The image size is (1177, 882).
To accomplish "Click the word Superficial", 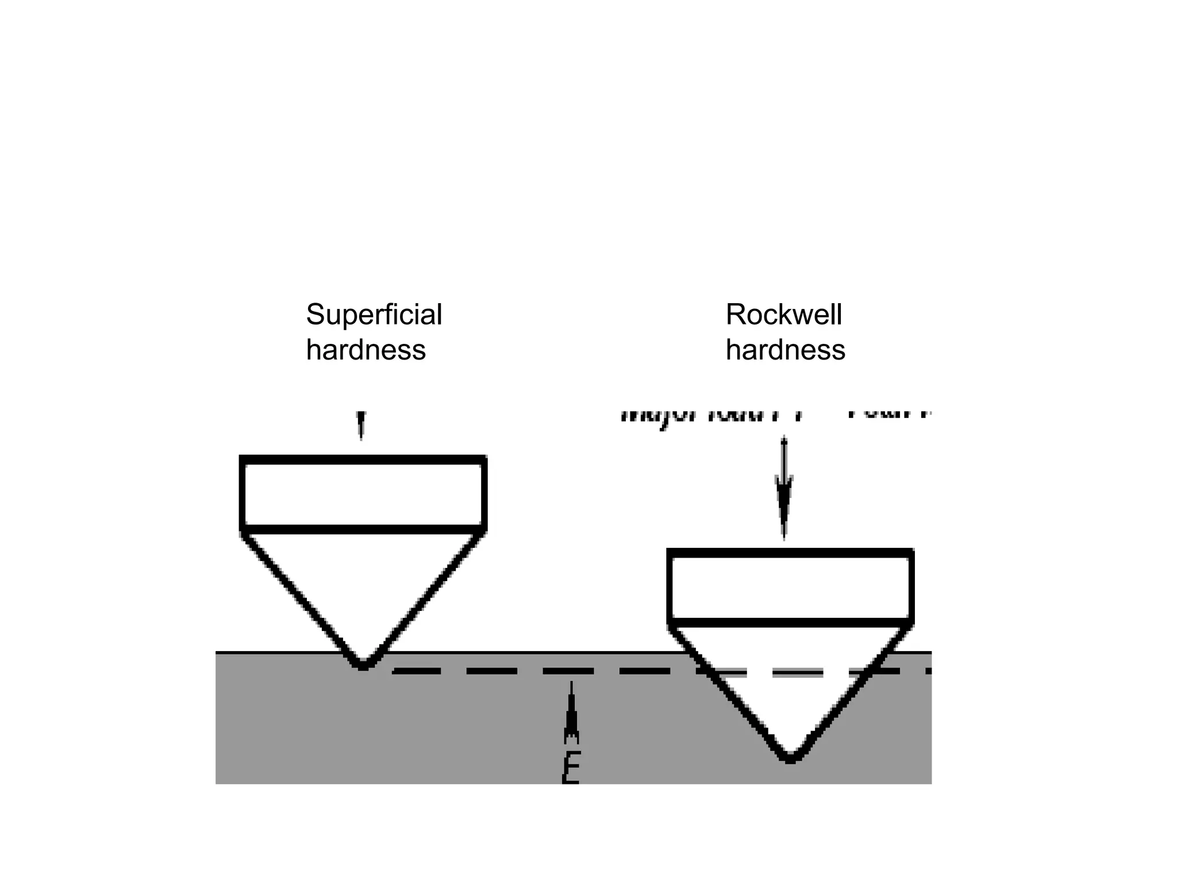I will click(x=374, y=315).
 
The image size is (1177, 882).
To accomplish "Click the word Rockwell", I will click(x=783, y=315).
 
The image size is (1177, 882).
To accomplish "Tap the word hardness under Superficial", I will click(x=366, y=350).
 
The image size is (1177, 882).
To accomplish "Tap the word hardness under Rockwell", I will click(x=785, y=350).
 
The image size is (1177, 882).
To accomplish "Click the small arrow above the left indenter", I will click(x=361, y=425).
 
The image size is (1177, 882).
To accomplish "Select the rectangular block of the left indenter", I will click(x=363, y=494).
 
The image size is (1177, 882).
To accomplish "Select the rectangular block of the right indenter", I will click(x=790, y=587).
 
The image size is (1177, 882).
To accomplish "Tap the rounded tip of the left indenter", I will click(x=363, y=665).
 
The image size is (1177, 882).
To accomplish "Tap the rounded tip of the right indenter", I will click(x=790, y=758).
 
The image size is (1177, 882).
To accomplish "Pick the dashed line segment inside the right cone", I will click(x=798, y=672).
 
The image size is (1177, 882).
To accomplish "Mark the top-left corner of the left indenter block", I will click(x=242, y=458).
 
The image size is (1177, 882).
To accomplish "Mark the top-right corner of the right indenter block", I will click(x=911, y=552).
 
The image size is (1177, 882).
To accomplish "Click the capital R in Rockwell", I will click(x=735, y=315).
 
